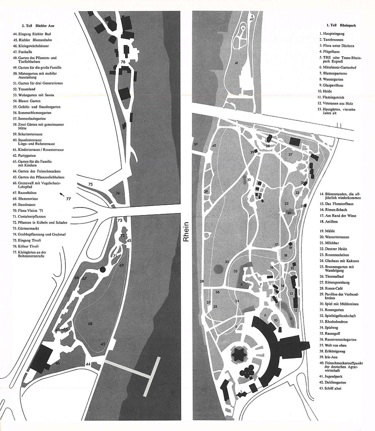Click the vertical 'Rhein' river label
[186, 231]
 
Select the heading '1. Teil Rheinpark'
[341, 25]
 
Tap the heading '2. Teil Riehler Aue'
[38, 26]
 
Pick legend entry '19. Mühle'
[327, 231]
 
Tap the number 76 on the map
[123, 62]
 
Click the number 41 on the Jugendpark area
[237, 63]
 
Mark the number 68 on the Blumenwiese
[90, 324]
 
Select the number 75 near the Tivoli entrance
[91, 184]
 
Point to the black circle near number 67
[103, 269]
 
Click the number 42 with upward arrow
[252, 18]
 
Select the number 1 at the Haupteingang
[241, 391]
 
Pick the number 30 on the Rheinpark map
[249, 180]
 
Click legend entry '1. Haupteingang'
[332, 34]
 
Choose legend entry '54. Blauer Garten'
[27, 101]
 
